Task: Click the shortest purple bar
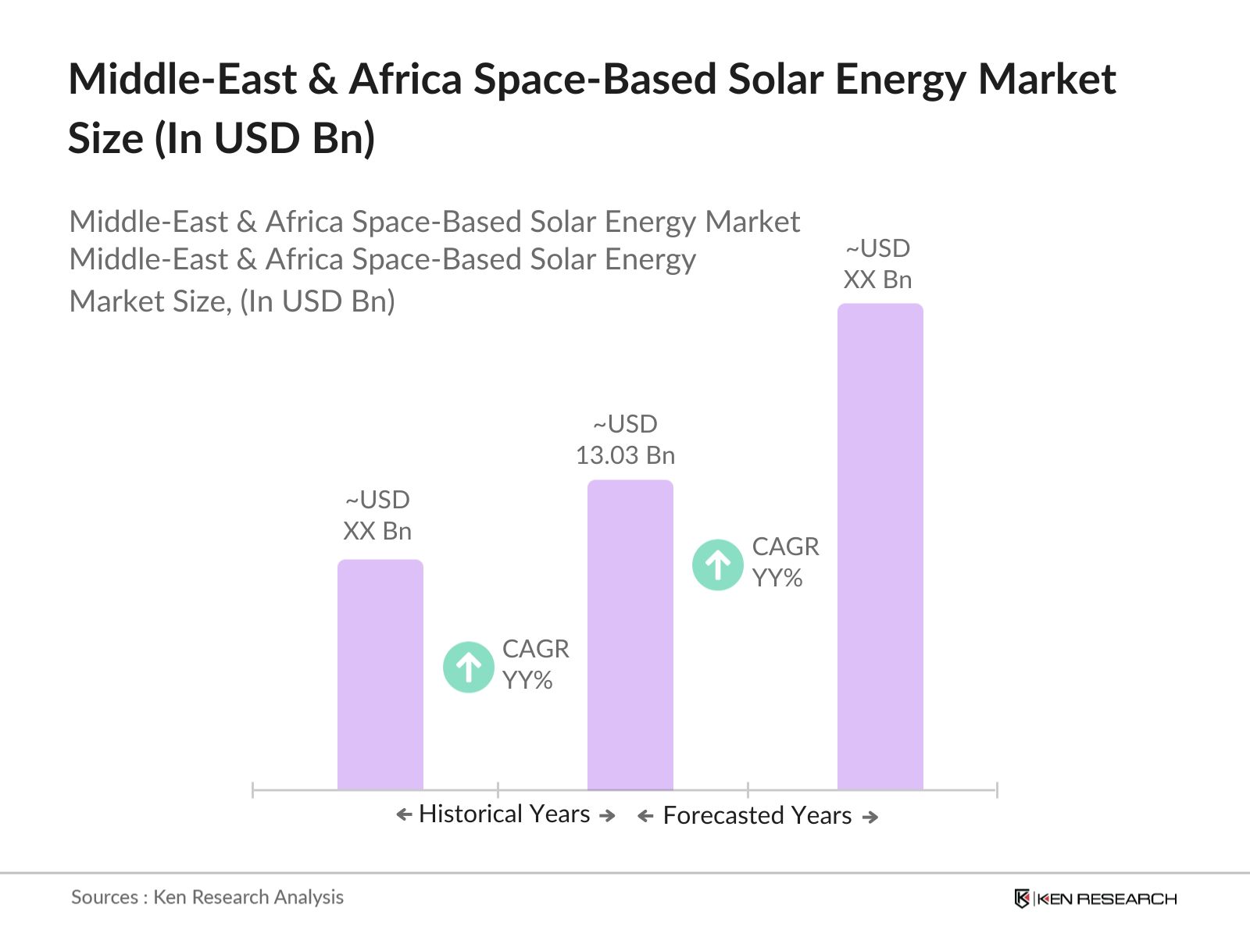coord(380,675)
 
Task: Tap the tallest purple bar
coord(880,547)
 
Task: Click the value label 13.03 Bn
coord(625,455)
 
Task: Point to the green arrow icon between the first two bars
coord(469,667)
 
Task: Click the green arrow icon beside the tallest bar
coord(718,565)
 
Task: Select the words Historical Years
coord(505,814)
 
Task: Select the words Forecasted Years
coord(757,816)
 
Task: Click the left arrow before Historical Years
coord(404,815)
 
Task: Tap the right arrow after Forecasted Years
coord(870,817)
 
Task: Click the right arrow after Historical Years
coord(607,815)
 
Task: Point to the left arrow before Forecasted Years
coord(645,817)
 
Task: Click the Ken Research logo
coord(1095,899)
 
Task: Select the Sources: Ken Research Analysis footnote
coord(207,897)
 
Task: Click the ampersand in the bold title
coord(323,80)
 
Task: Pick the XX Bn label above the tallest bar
coord(877,280)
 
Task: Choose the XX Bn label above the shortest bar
coord(377,531)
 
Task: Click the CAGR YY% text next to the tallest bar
coord(785,562)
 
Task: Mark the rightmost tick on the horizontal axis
coord(997,790)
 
